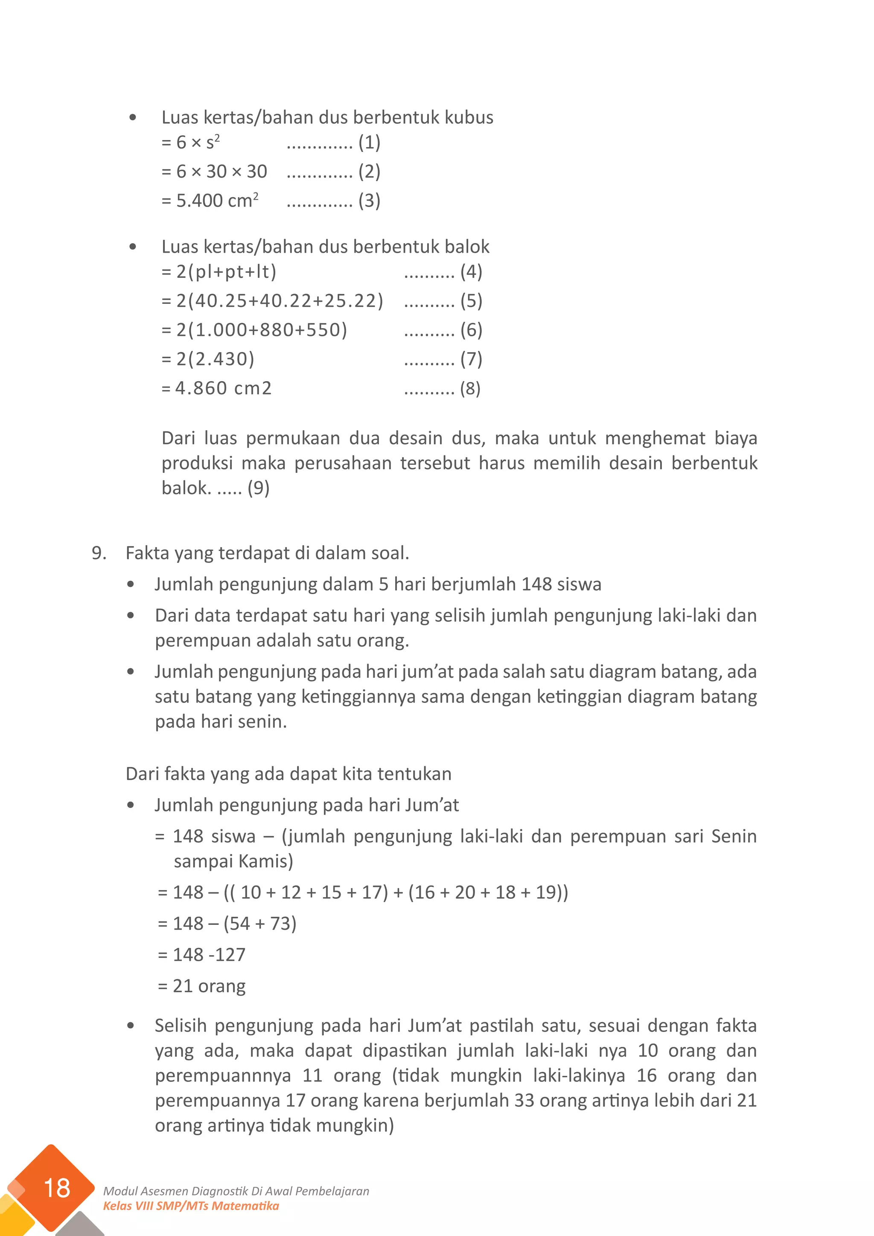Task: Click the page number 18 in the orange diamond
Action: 56,1187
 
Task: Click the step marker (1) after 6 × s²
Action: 369,143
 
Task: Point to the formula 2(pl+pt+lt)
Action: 226,272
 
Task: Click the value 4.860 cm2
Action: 223,388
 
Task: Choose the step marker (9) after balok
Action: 258,488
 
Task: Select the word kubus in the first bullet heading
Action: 469,117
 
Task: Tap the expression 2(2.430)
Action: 215,359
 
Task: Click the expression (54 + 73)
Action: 260,924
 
